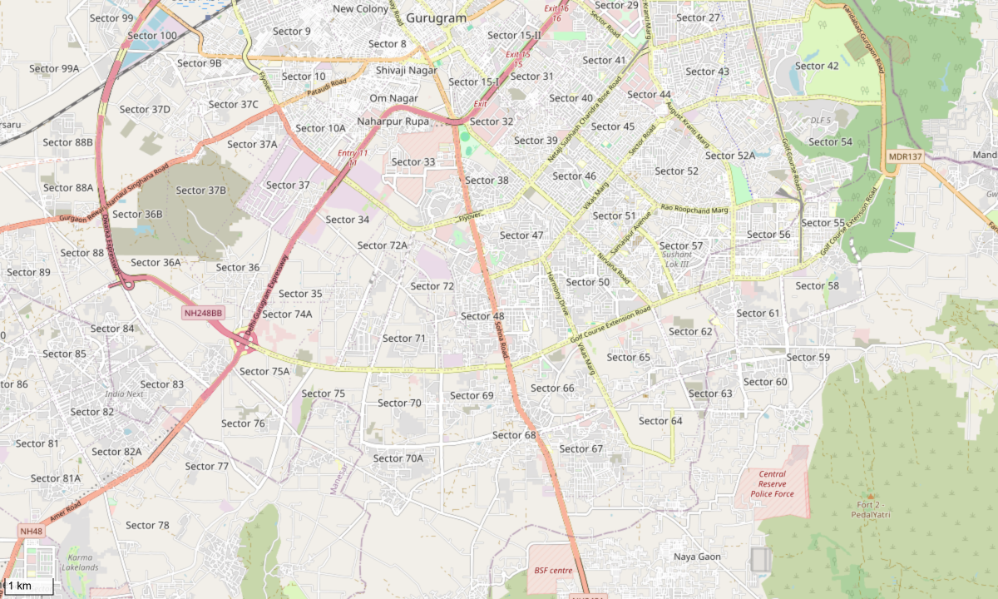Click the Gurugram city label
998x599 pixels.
[436, 17]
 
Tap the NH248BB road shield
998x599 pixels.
[204, 313]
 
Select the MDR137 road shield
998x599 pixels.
[904, 156]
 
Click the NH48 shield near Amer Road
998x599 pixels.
[32, 532]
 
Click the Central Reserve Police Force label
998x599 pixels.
[772, 484]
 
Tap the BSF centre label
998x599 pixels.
[553, 570]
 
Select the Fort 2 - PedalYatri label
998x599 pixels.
[871, 509]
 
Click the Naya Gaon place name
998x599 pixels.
[697, 557]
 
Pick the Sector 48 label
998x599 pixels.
[482, 316]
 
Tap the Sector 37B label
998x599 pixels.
[200, 191]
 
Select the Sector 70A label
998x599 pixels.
[398, 458]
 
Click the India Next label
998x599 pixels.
[124, 394]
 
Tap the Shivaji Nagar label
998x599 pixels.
[406, 71]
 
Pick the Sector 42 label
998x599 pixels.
[817, 67]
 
